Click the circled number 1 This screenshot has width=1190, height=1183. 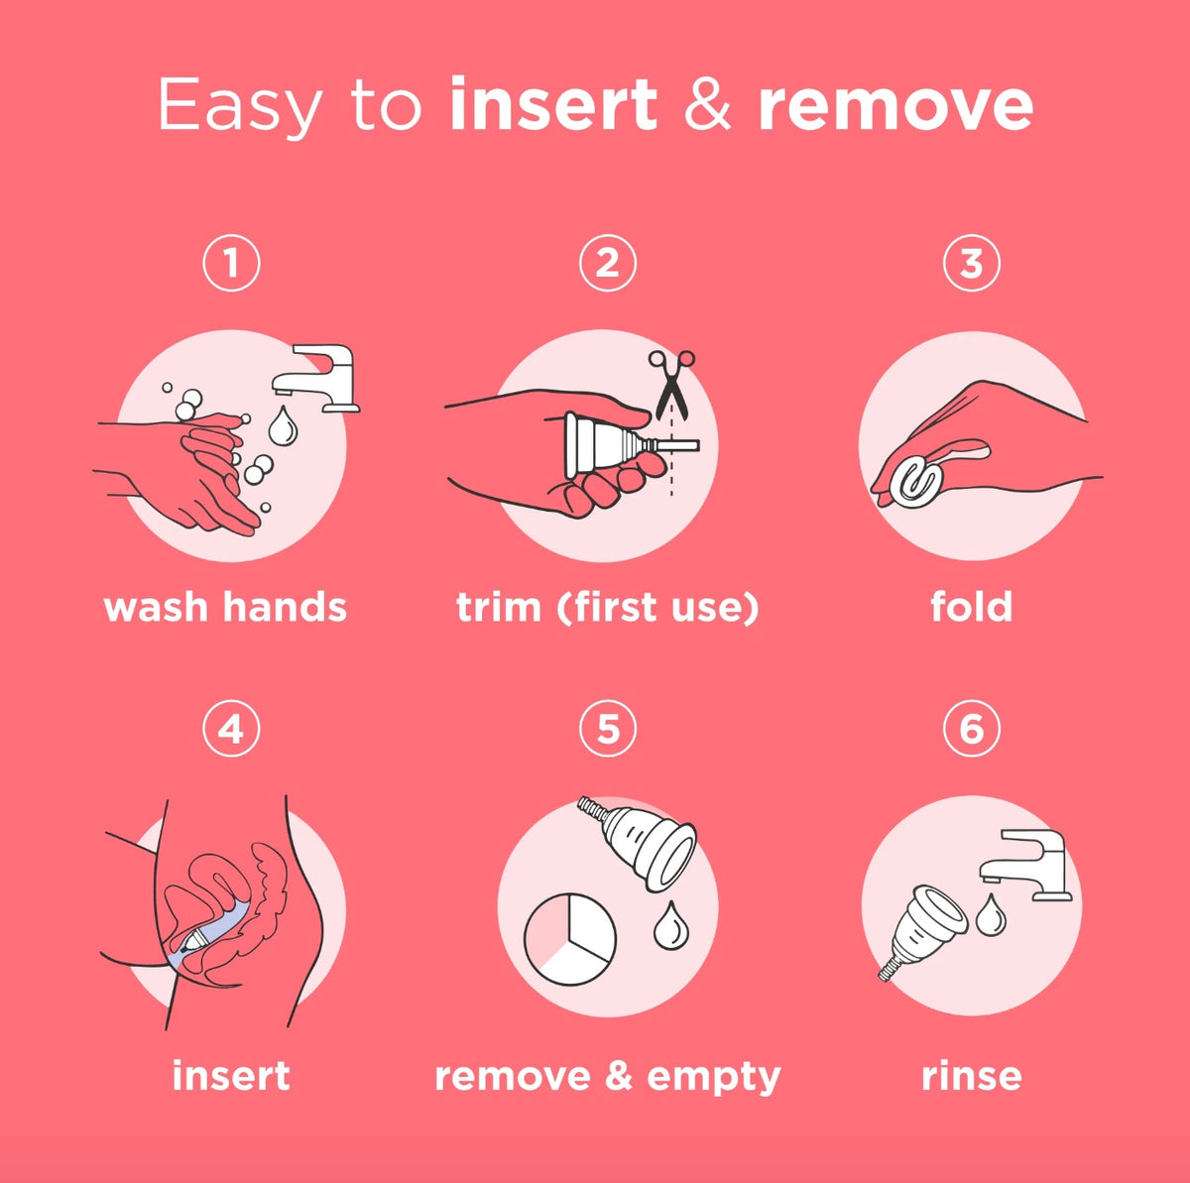(231, 263)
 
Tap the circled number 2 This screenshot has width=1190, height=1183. (607, 263)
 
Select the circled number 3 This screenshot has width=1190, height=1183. (971, 263)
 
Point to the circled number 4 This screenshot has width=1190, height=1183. (231, 730)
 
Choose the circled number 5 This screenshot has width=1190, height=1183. (607, 730)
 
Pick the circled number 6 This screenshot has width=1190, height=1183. (971, 730)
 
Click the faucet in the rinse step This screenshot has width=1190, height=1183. (1027, 863)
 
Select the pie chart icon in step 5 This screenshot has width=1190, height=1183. (569, 939)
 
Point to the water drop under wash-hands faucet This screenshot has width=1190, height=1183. (284, 426)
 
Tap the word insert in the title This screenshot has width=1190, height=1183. (552, 104)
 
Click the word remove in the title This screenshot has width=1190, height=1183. (895, 104)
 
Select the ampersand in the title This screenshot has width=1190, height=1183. (707, 104)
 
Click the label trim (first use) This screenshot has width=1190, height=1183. (607, 606)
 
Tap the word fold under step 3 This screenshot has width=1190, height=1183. (971, 606)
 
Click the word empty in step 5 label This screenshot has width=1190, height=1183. (713, 1076)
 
